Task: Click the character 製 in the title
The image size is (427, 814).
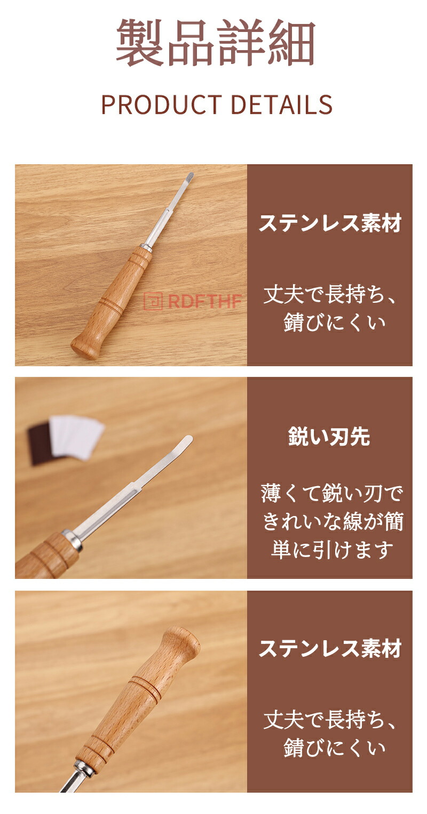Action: (x=140, y=43)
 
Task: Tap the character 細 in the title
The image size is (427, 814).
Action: (x=290, y=43)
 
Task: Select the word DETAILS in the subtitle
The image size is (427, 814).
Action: (x=281, y=104)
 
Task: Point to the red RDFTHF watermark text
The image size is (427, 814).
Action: (x=205, y=301)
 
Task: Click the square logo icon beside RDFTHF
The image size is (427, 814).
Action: (x=153, y=301)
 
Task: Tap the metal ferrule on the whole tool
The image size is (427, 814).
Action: (x=145, y=247)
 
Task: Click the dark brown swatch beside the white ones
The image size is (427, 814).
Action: (x=41, y=445)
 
